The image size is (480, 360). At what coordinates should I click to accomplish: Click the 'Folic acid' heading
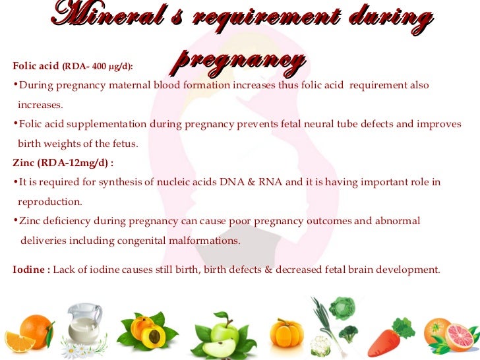tap(35, 66)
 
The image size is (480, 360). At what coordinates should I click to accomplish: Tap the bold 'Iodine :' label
tap(31, 270)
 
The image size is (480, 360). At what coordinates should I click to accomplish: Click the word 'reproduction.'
tap(50, 201)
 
